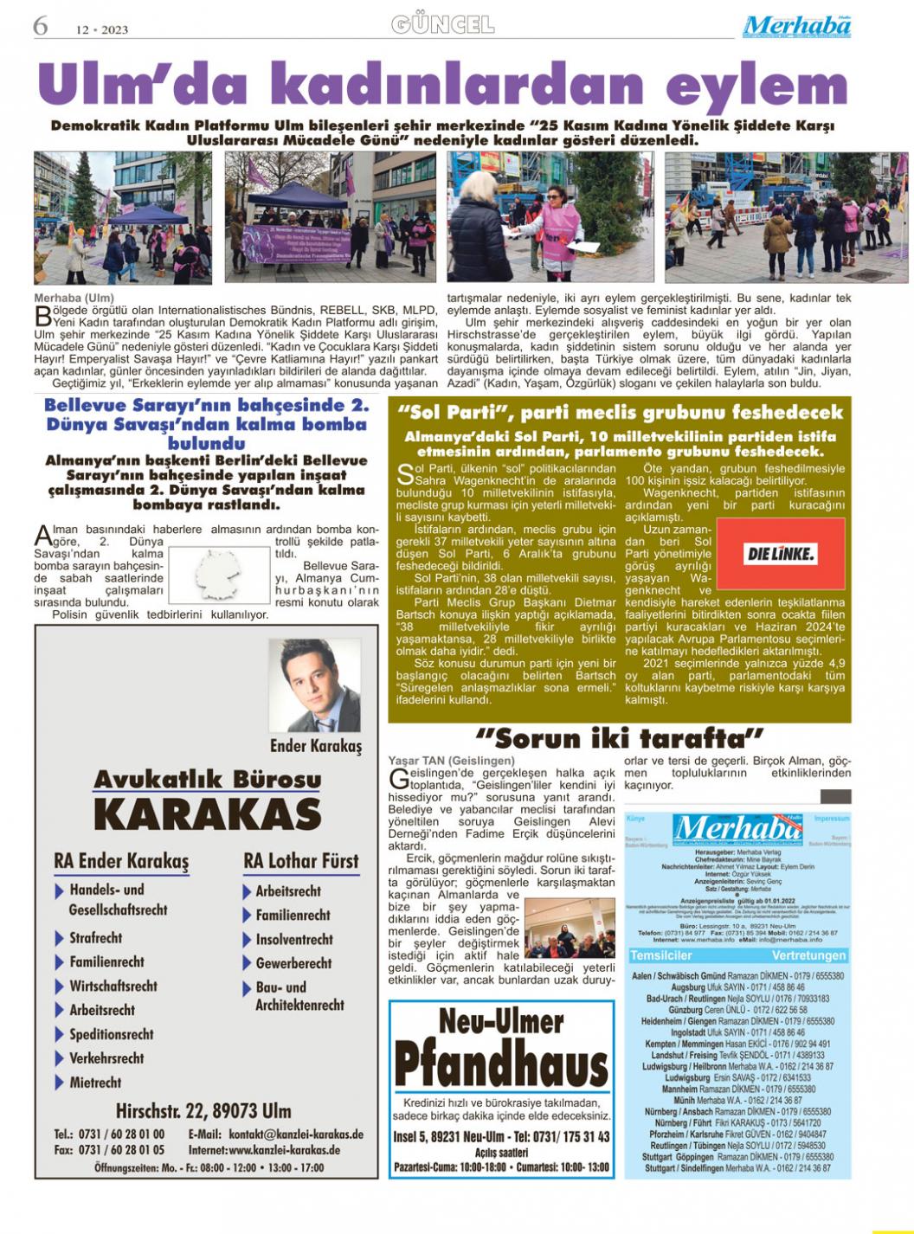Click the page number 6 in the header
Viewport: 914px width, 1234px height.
[40, 26]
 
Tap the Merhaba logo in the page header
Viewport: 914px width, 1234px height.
[796, 27]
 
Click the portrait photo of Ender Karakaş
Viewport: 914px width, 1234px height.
[314, 686]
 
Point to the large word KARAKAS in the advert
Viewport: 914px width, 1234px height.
[208, 814]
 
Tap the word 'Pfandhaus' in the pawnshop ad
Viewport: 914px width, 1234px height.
[501, 1065]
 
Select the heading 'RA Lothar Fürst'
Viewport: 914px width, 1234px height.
[300, 861]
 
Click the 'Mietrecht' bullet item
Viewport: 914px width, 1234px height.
[94, 1083]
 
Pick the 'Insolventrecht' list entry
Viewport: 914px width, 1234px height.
[293, 939]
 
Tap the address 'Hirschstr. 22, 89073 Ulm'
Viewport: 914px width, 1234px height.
[203, 1110]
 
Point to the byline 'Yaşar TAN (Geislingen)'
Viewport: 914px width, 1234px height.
[451, 760]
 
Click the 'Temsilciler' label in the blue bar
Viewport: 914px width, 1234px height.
[661, 955]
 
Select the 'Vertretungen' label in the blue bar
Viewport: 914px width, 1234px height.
[808, 955]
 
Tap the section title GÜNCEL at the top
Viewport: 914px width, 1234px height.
[443, 24]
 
